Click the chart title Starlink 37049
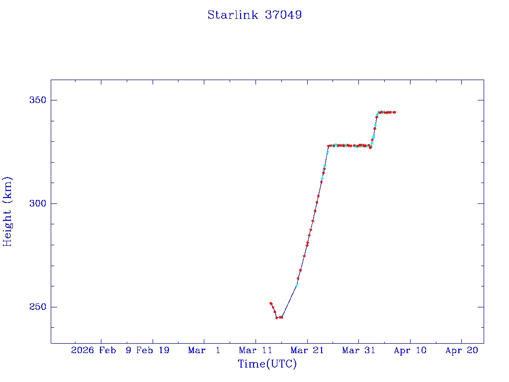[254, 15]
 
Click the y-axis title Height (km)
[7, 211]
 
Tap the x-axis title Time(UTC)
[267, 364]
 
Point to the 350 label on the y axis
[36, 100]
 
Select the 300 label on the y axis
[36, 203]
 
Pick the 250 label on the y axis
[36, 307]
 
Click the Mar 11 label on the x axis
[255, 351]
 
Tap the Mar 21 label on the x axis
[307, 351]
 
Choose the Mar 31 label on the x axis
[358, 351]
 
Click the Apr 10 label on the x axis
[410, 351]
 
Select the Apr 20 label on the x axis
[461, 351]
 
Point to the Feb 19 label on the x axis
[153, 351]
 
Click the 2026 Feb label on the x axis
[93, 351]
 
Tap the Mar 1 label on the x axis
[204, 351]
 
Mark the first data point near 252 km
[271, 303]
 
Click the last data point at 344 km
[394, 112]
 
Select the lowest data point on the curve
[277, 317]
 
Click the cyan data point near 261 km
[297, 285]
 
